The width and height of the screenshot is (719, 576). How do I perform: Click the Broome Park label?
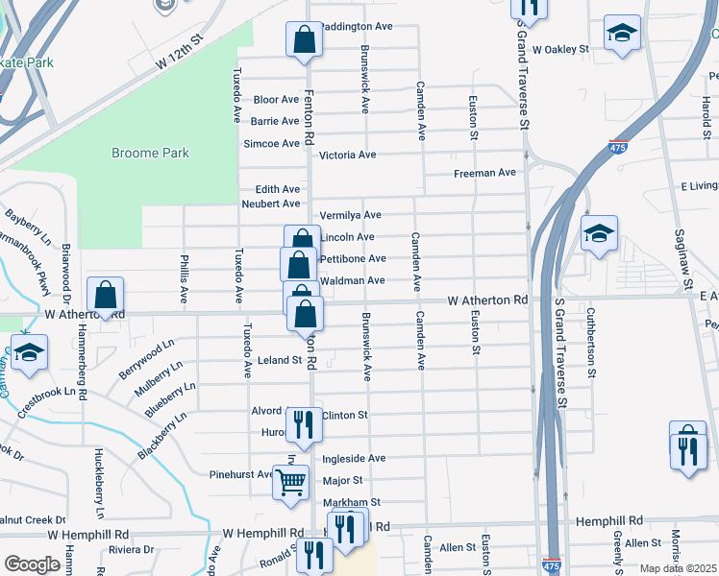coord(150,153)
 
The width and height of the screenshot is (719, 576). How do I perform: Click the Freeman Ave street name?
coord(485,173)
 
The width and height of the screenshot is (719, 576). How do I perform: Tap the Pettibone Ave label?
coord(352,258)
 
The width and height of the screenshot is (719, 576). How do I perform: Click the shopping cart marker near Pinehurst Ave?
coord(290,483)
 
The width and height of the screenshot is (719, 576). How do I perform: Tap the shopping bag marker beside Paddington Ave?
coord(304,40)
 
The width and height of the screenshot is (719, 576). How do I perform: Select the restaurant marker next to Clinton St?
coord(304,424)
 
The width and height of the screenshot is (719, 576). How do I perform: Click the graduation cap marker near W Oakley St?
coord(622,33)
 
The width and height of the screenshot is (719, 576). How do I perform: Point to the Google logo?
coord(32,564)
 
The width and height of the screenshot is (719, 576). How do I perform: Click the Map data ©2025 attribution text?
coord(678,568)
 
